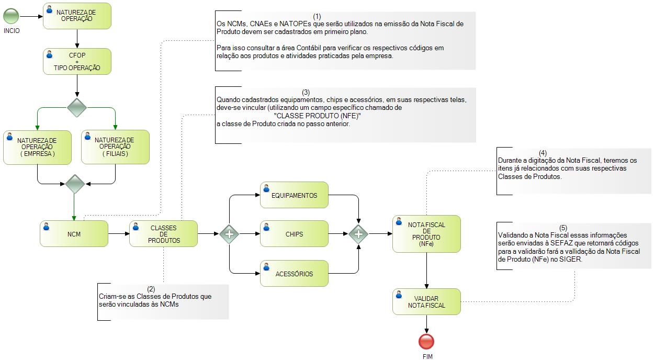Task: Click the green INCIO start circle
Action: pos(11,16)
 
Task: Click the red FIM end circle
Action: pos(426,342)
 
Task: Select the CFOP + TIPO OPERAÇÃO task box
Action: pos(77,62)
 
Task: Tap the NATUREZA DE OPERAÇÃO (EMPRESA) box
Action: pos(38,148)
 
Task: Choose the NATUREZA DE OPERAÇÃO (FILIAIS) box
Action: pos(116,147)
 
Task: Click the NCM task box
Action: pos(74,234)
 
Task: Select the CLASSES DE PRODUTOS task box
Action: pos(164,234)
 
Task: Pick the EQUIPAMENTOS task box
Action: pos(295,195)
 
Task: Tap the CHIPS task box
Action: pos(295,234)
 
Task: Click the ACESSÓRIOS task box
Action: pos(295,274)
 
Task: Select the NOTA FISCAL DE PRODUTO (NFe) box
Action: pos(427,234)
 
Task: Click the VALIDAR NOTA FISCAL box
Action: pos(427,302)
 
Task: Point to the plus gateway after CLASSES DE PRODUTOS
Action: pos(229,234)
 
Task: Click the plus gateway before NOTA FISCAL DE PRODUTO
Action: pos(358,234)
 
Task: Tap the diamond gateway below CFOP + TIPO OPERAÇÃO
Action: pos(77,108)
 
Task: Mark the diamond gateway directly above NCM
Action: pos(75,184)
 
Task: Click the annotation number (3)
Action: pos(306,92)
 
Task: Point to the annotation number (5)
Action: pos(563,228)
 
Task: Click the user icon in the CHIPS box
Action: pos(266,227)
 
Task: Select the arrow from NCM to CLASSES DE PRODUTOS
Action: pos(119,234)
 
